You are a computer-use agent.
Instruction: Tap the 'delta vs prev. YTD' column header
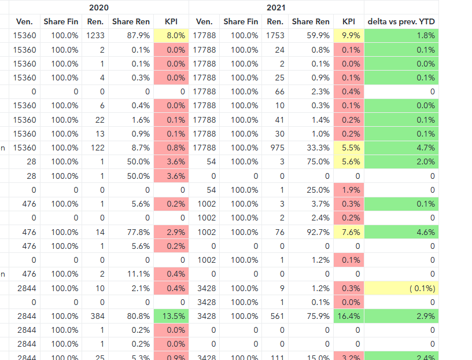click(401, 21)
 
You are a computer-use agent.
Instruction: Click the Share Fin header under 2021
click(241, 21)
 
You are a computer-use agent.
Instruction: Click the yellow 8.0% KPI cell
click(171, 35)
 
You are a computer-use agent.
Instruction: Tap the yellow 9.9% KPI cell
click(349, 35)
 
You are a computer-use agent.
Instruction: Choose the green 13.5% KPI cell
click(171, 316)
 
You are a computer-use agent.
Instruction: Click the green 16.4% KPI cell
click(349, 316)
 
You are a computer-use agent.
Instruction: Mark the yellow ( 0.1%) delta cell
click(401, 288)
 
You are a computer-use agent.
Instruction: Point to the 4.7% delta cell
click(401, 148)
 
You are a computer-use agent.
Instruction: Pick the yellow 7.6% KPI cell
click(349, 232)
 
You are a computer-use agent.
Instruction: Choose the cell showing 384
click(97, 316)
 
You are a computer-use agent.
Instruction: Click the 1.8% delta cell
click(401, 35)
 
